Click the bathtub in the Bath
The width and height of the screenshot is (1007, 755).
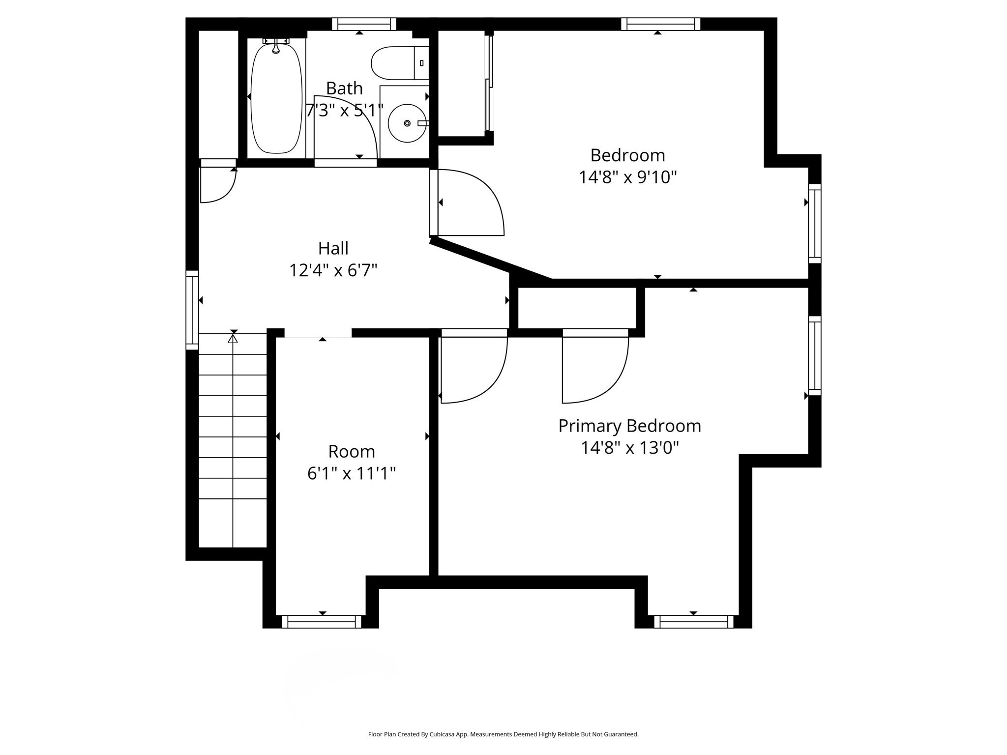[x=276, y=98]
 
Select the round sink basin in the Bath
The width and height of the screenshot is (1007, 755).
[x=407, y=123]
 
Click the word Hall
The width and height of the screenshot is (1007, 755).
[x=333, y=248]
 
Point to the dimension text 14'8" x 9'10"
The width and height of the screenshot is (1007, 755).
[x=627, y=177]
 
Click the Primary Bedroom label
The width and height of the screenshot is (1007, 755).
[x=629, y=426]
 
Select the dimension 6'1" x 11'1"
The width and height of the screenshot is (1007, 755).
[x=351, y=473]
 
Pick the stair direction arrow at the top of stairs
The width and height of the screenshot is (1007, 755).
[x=233, y=338]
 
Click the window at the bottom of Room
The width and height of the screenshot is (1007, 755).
[x=322, y=622]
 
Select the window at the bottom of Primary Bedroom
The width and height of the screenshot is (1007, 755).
[x=693, y=622]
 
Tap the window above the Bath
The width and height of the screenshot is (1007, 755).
[x=363, y=24]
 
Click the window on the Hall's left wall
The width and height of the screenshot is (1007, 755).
[x=192, y=310]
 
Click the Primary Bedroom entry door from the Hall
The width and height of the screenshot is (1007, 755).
[x=473, y=369]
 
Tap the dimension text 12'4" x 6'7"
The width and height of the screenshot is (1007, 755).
[x=333, y=270]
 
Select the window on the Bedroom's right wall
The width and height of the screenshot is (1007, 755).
[x=815, y=224]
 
